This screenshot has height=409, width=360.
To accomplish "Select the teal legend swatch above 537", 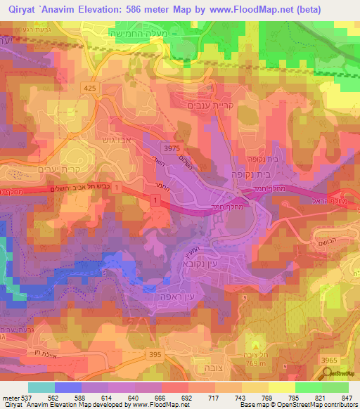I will (41, 387).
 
